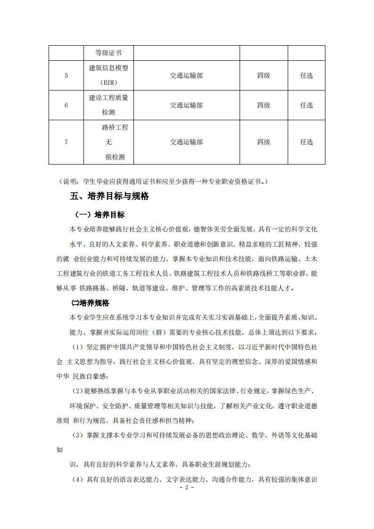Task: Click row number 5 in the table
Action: tap(66, 75)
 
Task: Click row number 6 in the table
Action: tap(66, 105)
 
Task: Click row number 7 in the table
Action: tap(66, 142)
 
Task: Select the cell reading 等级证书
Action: tap(108, 52)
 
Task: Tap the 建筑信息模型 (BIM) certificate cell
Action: tap(108, 75)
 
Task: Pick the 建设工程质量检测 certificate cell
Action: tap(108, 105)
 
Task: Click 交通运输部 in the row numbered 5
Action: tap(186, 75)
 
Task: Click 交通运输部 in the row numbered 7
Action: tap(186, 142)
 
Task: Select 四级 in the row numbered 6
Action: tap(264, 105)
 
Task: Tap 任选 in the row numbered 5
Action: tap(307, 75)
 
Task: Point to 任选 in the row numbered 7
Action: tap(307, 142)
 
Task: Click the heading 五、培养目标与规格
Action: tap(109, 197)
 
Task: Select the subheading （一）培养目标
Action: tap(100, 215)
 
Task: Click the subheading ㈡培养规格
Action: tap(90, 303)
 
